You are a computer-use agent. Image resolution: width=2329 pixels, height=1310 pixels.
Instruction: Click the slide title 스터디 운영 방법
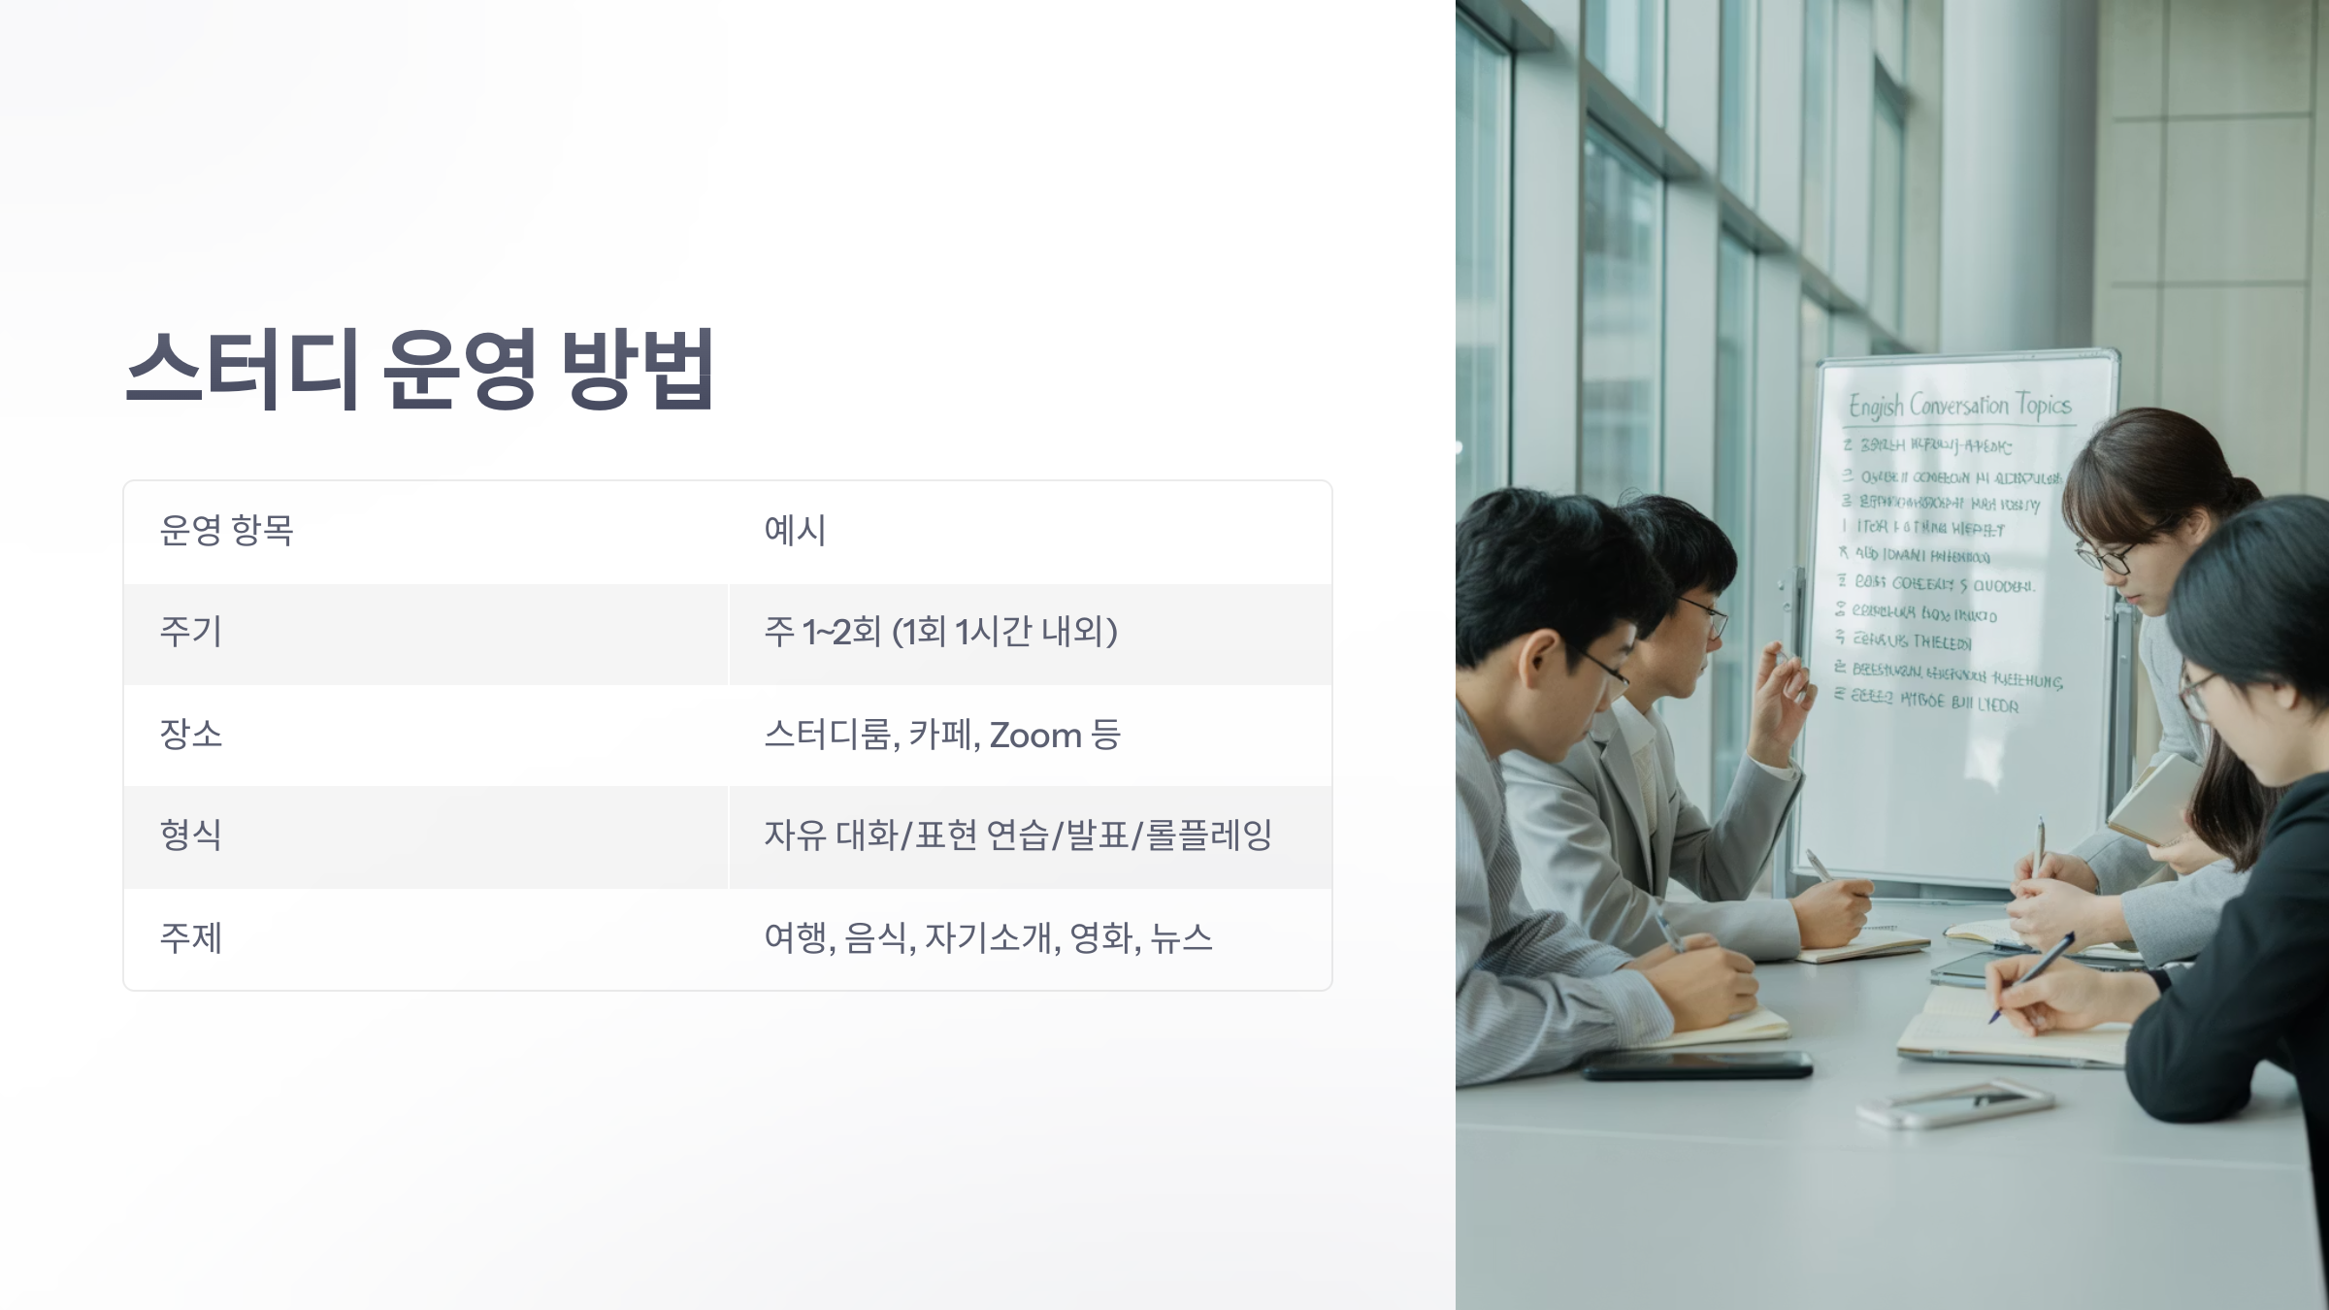pyautogui.click(x=420, y=370)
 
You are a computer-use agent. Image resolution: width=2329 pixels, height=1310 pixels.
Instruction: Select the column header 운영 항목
pyautogui.click(x=226, y=531)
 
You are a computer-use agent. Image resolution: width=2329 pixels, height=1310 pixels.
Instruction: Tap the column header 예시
pyautogui.click(x=795, y=531)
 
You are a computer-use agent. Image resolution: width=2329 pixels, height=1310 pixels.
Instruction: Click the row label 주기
pyautogui.click(x=191, y=633)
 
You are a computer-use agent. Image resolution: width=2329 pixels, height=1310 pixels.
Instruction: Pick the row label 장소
pyautogui.click(x=191, y=735)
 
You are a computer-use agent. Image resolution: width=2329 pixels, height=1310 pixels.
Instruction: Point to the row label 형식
pyautogui.click(x=191, y=835)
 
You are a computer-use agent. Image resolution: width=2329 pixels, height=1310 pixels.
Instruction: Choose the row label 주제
pyautogui.click(x=191, y=938)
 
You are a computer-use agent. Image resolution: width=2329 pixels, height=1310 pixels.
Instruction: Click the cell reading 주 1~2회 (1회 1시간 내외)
pyautogui.click(x=940, y=633)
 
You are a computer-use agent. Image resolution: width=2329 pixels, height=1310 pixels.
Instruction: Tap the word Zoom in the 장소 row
pyautogui.click(x=1034, y=736)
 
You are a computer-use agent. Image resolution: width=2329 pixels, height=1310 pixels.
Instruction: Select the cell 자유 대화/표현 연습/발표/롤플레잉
pyautogui.click(x=1017, y=835)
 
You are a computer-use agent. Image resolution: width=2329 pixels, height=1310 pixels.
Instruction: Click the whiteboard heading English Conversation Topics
pyautogui.click(x=1959, y=406)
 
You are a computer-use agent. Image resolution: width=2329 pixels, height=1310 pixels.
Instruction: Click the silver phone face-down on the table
pyautogui.click(x=1955, y=1104)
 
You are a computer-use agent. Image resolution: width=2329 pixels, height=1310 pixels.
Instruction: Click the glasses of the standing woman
pyautogui.click(x=2106, y=557)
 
